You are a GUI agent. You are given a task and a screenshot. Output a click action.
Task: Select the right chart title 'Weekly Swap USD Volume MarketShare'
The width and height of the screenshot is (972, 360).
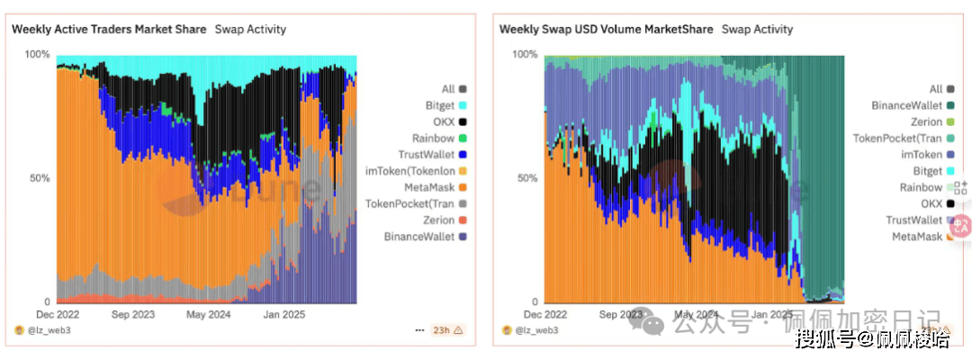tap(607, 29)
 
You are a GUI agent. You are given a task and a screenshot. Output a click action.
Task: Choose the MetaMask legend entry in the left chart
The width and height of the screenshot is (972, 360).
tap(427, 187)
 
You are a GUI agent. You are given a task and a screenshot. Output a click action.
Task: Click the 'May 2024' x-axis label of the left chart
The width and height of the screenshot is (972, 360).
tap(209, 314)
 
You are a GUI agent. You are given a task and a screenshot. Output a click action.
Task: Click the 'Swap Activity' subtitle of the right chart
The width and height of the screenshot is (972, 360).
tap(758, 29)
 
